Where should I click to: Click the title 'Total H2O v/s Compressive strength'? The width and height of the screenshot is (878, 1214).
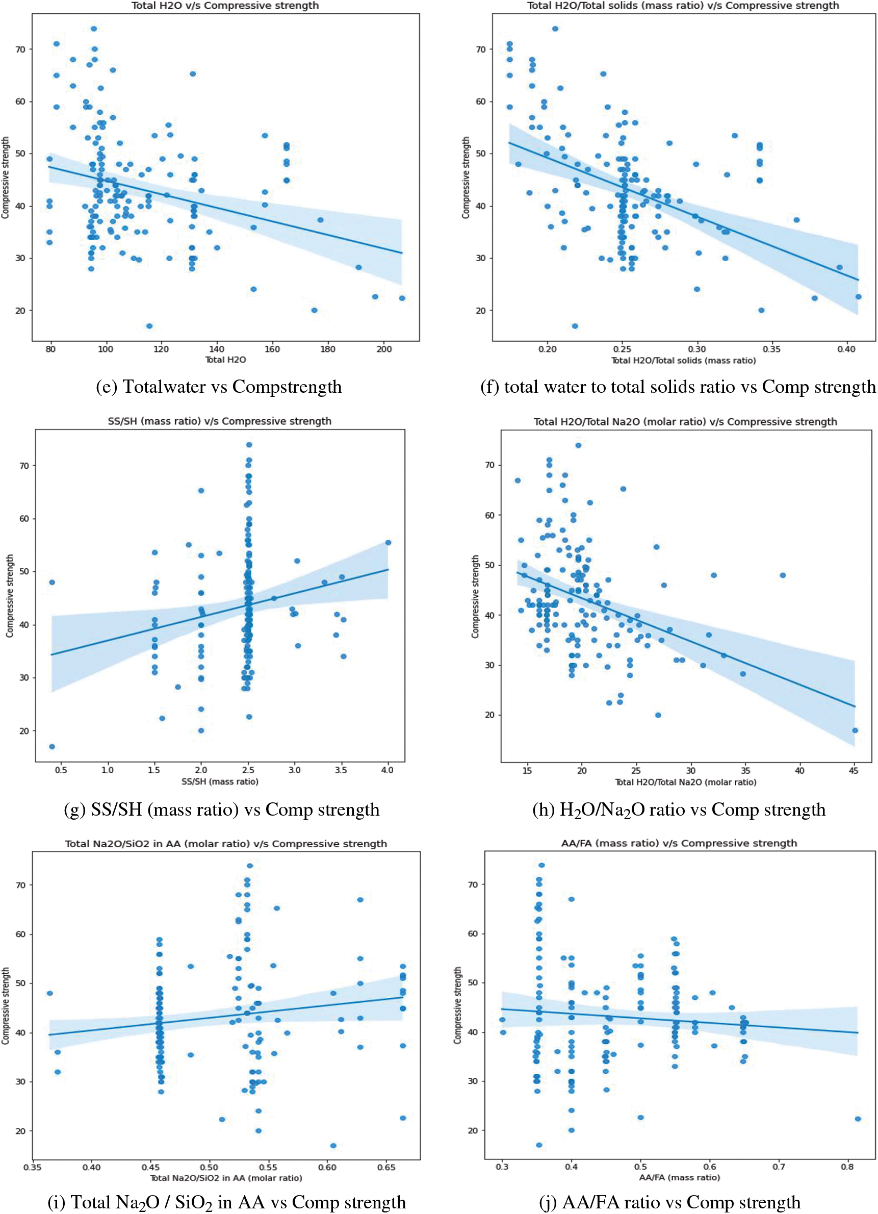pos(225,6)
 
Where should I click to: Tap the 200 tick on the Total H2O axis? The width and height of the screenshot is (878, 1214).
pos(383,349)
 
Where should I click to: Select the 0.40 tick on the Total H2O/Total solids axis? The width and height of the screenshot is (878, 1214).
pos(846,349)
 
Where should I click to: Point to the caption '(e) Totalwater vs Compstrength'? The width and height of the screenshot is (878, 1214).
pos(218,387)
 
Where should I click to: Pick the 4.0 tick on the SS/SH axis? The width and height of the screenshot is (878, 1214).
pos(387,770)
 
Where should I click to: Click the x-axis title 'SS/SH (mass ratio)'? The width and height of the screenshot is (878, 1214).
pos(219,781)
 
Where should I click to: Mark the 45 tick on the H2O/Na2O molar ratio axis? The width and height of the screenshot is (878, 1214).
pos(854,771)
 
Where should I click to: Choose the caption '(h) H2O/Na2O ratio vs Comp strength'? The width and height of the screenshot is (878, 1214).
pos(679,810)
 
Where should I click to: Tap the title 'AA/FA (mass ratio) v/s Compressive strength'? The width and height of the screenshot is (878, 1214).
pos(679,843)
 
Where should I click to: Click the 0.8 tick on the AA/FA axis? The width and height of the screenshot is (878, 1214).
pos(847,1167)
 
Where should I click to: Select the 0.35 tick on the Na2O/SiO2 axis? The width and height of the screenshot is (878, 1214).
pos(33,1167)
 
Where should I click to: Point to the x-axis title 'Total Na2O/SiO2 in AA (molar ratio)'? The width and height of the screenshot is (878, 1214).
pos(226,1178)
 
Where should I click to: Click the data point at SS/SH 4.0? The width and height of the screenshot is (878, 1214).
pos(388,543)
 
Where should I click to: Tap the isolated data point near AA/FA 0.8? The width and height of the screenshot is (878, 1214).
pos(858,1119)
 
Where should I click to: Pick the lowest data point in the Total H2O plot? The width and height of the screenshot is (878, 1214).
pos(149,326)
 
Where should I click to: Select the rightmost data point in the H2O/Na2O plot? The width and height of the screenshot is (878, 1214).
pos(855,730)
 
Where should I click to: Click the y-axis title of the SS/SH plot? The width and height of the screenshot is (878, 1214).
pos(9,596)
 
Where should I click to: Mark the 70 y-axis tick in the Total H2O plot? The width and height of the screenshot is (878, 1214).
pos(20,49)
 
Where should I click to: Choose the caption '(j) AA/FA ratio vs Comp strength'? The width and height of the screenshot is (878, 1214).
pos(670,1202)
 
